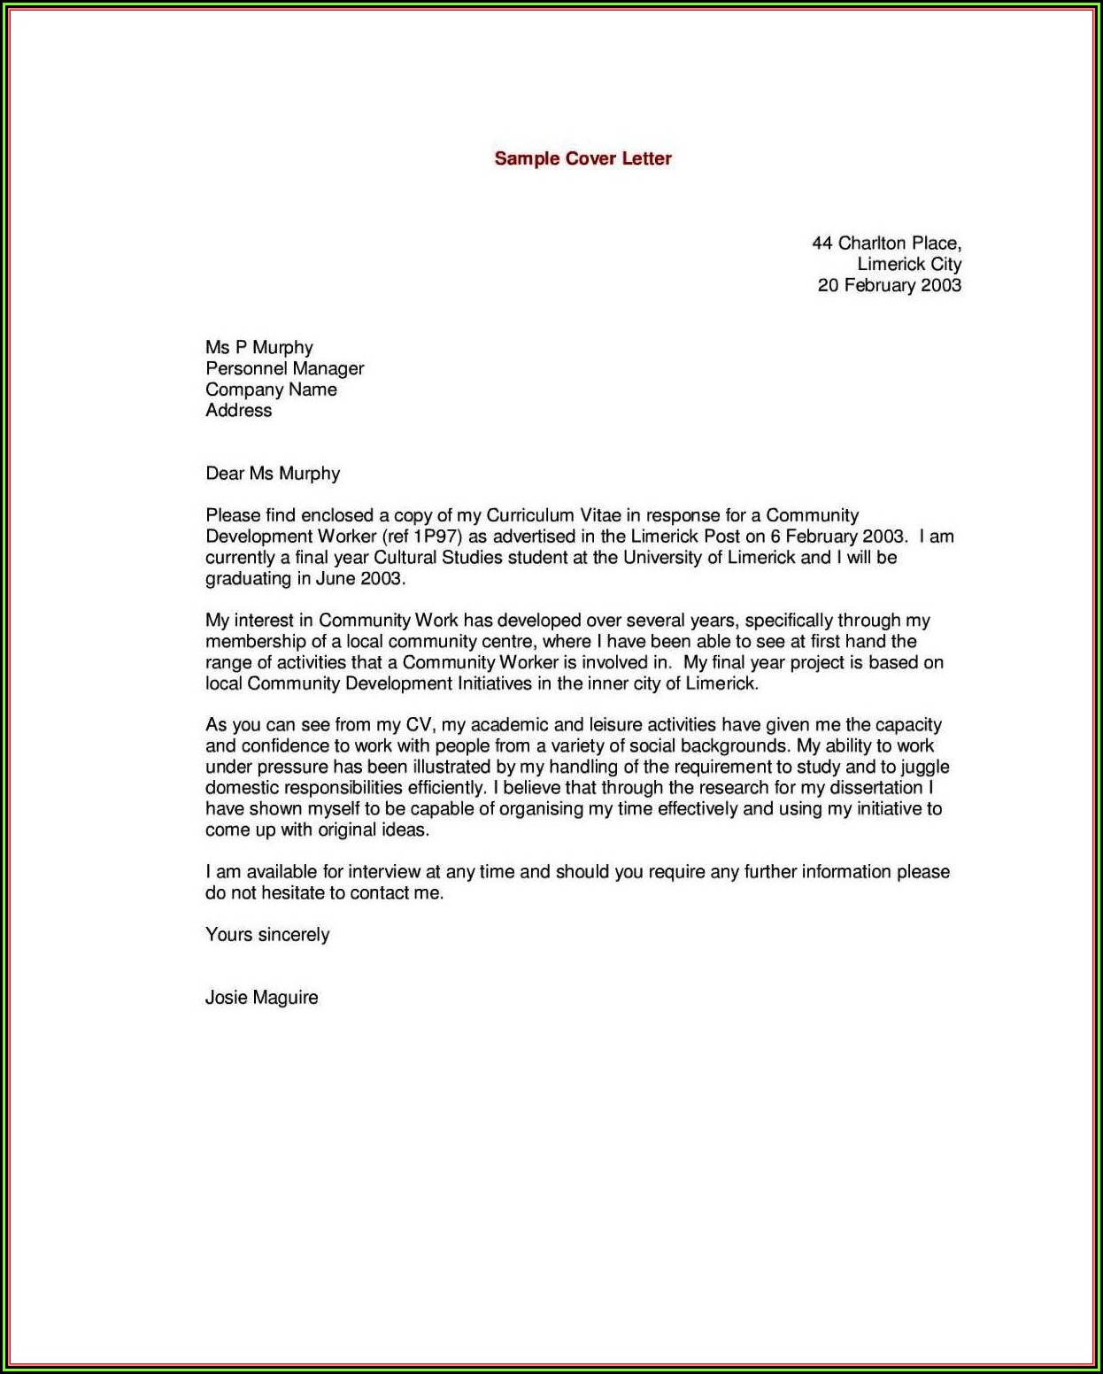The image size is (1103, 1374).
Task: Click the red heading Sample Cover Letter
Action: [582, 158]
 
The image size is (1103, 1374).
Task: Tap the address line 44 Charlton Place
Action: [886, 243]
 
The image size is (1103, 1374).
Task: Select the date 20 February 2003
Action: [889, 285]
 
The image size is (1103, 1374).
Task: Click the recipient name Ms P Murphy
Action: [259, 347]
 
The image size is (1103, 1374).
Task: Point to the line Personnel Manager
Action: [284, 368]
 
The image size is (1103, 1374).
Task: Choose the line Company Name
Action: [271, 390]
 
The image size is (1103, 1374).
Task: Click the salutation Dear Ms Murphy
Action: [273, 474]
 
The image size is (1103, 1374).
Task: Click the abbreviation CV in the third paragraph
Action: [418, 725]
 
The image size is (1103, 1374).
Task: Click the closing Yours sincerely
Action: [267, 935]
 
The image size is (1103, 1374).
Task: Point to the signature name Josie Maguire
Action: [261, 998]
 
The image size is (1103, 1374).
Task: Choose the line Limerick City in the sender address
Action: [909, 264]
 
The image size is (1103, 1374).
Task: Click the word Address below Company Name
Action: [239, 411]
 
